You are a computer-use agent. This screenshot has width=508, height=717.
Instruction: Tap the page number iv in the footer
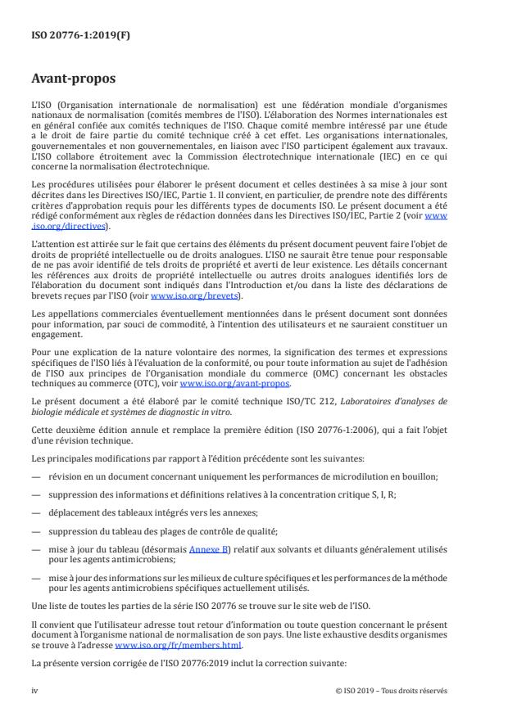click(34, 690)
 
